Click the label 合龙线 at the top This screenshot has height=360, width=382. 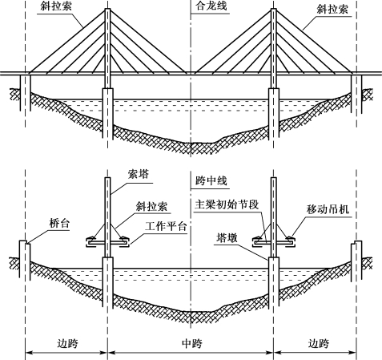tap(211, 6)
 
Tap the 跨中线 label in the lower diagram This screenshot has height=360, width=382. tap(211, 181)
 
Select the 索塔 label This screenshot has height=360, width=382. tap(138, 175)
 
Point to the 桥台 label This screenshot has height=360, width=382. tap(59, 223)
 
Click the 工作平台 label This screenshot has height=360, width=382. tap(166, 226)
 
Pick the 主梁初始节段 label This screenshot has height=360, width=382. tap(227, 204)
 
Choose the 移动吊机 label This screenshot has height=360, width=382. tap(328, 209)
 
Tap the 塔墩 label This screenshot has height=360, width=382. tap(227, 237)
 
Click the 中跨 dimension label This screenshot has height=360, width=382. tap(192, 343)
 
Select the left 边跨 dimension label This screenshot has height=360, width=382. tap(68, 343)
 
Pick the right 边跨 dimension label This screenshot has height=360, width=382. tap(319, 343)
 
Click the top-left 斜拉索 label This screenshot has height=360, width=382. tap(56, 6)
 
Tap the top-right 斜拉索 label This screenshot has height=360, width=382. tap(332, 9)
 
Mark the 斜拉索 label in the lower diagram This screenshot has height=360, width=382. tap(151, 206)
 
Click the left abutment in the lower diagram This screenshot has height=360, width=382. tap(25, 260)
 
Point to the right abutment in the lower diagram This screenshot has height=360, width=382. tap(356, 260)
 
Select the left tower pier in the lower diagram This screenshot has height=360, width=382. tap(108, 281)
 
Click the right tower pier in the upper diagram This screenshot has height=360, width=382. tap(274, 114)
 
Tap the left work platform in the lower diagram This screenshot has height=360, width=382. tap(107, 243)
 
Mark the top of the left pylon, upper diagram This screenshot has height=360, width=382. tap(107, 9)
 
